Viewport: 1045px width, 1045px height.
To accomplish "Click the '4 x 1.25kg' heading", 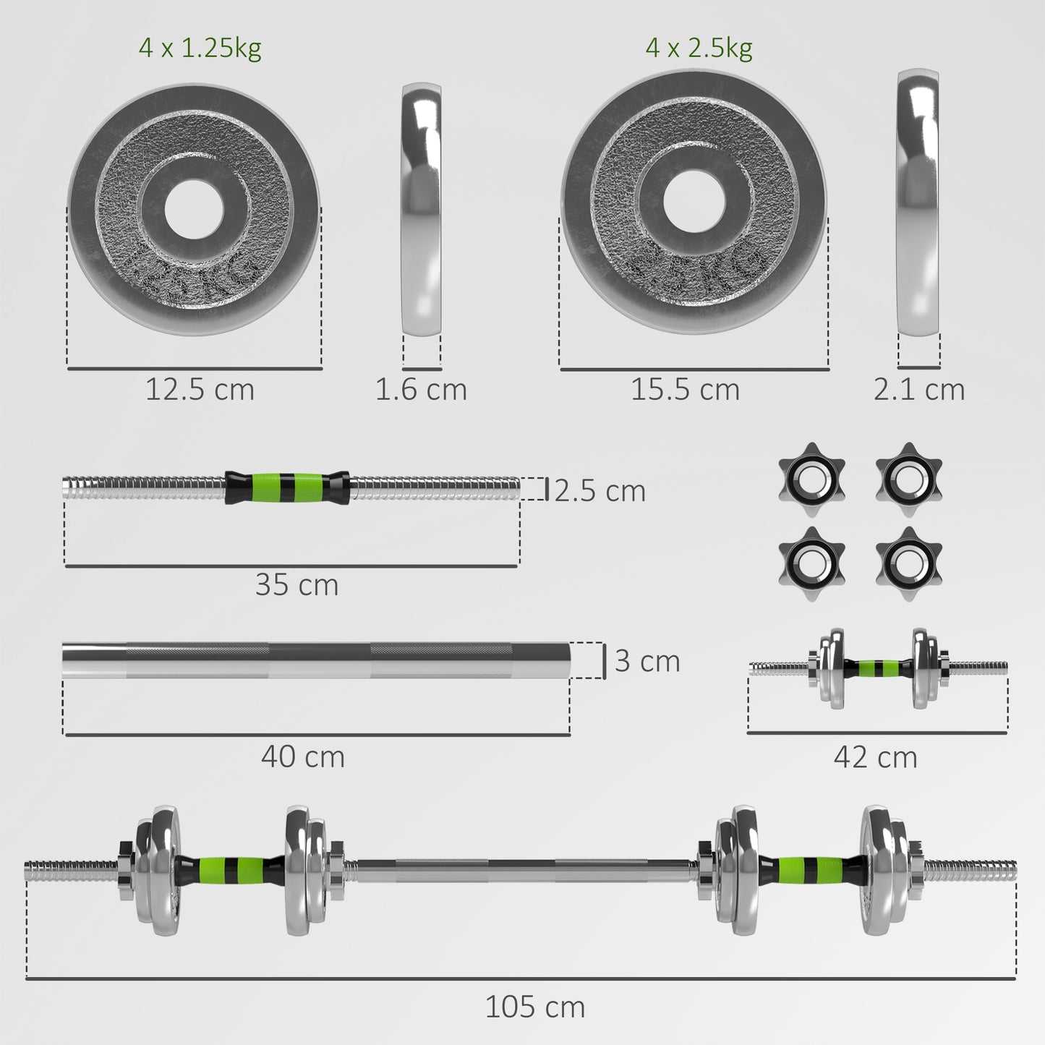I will [x=200, y=48].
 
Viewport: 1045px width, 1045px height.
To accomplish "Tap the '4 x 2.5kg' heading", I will [x=699, y=48].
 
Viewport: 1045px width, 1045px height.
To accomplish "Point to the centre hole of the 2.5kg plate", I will [x=693, y=201].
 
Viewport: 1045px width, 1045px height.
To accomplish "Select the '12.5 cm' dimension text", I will [x=200, y=390].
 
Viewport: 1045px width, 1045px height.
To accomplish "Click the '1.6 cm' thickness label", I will [x=420, y=390].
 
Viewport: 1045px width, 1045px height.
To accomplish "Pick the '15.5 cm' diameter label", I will [x=685, y=390].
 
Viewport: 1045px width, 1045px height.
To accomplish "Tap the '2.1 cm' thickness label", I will [x=918, y=390].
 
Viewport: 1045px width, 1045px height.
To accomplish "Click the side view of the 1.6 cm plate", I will [x=421, y=209].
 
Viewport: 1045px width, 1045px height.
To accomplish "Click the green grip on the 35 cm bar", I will [x=287, y=487].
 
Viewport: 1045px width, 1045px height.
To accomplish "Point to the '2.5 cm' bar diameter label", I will [x=600, y=491].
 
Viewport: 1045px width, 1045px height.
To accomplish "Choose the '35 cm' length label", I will [x=297, y=585].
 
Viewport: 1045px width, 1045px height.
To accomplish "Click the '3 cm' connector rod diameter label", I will [x=647, y=661].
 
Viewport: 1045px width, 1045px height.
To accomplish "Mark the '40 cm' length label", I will [x=302, y=757].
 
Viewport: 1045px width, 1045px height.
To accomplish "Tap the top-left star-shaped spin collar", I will [x=811, y=479].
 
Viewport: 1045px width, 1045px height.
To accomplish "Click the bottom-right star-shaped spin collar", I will [x=908, y=564].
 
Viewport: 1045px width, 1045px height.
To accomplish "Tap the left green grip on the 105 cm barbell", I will [x=223, y=870].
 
